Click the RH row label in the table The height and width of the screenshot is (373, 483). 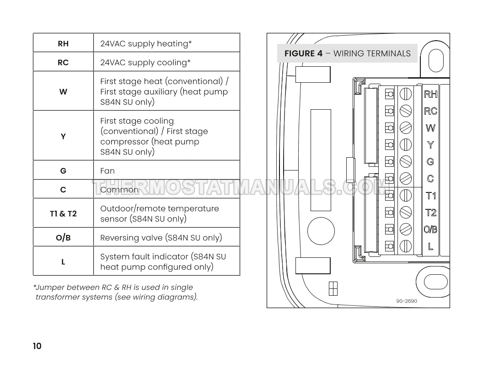click(63, 44)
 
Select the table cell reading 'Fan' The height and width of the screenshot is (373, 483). click(107, 171)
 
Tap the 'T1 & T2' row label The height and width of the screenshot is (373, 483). click(63, 213)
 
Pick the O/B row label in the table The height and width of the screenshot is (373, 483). click(63, 238)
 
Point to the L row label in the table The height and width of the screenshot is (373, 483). click(63, 262)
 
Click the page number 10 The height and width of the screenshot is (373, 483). click(37, 346)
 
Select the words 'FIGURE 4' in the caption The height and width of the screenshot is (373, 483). click(303, 53)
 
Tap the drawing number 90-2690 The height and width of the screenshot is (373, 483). click(407, 301)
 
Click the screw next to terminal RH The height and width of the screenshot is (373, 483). click(406, 94)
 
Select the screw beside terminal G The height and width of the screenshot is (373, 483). click(406, 161)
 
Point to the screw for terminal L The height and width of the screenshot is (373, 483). click(406, 246)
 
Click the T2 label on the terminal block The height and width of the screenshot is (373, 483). click(431, 213)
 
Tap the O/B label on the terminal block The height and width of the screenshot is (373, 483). click(430, 229)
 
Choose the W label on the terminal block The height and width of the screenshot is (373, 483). click(430, 128)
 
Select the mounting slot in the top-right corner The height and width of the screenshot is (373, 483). click(436, 60)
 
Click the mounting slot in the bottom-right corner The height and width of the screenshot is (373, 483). click(435, 282)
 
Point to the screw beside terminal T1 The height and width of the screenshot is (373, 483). click(406, 196)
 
